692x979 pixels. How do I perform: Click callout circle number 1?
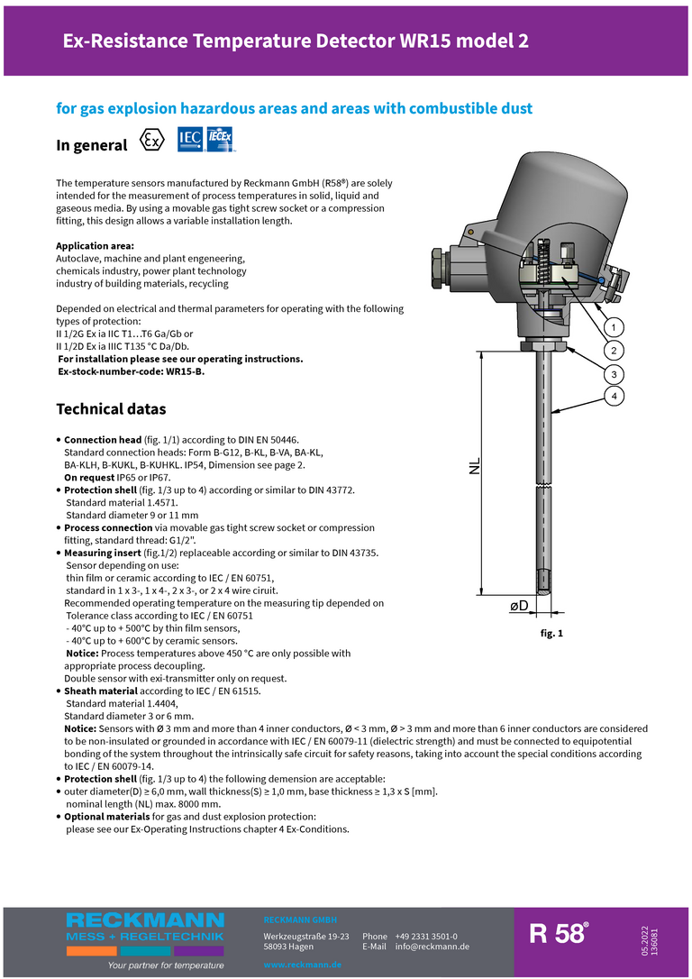click(614, 326)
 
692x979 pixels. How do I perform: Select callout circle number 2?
click(614, 350)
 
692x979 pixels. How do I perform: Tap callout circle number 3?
click(614, 373)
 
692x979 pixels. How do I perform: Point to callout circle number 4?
click(614, 396)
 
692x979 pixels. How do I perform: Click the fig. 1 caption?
click(551, 634)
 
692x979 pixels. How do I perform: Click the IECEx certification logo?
click(221, 140)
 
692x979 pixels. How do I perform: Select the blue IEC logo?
click(190, 140)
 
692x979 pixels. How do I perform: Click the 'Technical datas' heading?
click(111, 409)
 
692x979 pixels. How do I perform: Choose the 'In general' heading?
click(91, 145)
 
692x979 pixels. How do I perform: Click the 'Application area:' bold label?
click(96, 246)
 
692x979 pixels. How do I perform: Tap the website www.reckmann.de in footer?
click(302, 965)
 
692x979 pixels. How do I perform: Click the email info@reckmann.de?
click(432, 947)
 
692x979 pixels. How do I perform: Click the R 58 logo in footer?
click(559, 934)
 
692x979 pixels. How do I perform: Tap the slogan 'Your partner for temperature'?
click(166, 965)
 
